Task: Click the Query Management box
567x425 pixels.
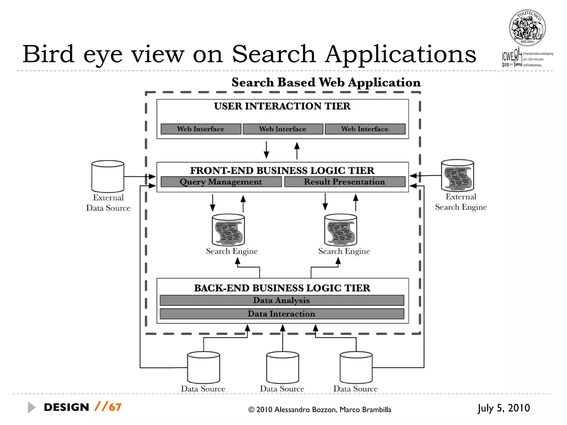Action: click(x=221, y=182)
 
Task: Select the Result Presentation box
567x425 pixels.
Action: click(x=344, y=182)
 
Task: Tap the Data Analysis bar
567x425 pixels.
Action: click(x=282, y=300)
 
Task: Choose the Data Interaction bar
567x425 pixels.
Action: click(x=282, y=314)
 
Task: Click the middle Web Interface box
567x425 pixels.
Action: click(x=283, y=129)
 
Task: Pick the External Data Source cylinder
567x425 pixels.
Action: click(x=108, y=177)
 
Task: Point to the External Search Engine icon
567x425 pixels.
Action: click(x=457, y=176)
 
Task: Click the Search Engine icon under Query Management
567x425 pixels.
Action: click(x=228, y=230)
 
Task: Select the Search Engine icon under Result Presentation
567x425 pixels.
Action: click(x=341, y=230)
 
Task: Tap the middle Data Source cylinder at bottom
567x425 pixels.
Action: click(x=282, y=367)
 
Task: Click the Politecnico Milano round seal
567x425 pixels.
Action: click(x=527, y=28)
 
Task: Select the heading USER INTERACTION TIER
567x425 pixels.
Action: click(x=282, y=106)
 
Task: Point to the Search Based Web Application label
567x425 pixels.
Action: click(x=326, y=82)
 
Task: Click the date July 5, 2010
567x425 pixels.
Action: click(x=503, y=408)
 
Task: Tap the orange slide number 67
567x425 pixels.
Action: click(x=115, y=407)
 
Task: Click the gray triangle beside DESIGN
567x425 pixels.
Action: click(x=32, y=407)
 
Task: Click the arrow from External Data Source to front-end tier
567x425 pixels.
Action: click(x=140, y=176)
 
